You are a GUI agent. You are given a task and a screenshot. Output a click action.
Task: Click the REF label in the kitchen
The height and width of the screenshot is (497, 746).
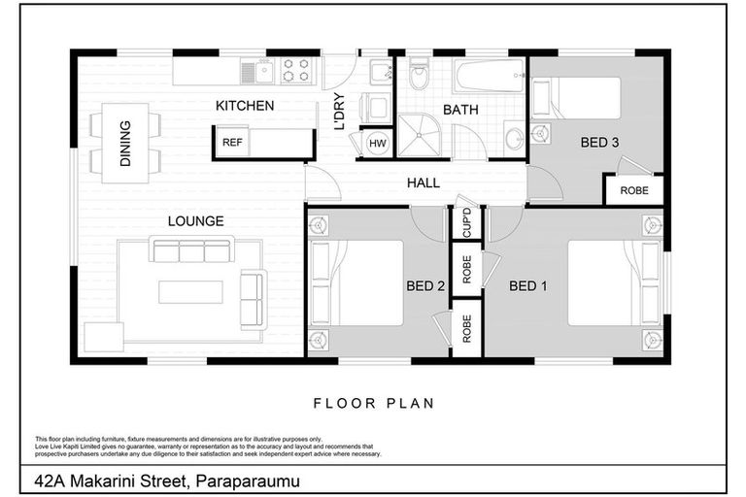pos(232,142)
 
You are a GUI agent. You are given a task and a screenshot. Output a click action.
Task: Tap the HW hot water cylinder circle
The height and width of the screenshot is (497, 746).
pos(378,143)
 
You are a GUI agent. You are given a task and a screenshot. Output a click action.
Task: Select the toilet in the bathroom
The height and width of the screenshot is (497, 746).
pos(420,74)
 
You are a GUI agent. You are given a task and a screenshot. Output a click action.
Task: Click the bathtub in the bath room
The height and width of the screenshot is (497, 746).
pos(490,75)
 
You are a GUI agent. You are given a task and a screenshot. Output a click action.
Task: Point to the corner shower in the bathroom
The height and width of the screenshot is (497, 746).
pos(419,135)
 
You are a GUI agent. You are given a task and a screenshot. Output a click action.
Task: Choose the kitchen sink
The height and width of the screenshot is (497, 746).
pos(256,72)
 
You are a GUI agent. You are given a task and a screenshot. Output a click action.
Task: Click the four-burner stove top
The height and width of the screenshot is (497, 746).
pos(296,71)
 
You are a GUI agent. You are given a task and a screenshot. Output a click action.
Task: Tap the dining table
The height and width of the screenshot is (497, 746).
pos(125,143)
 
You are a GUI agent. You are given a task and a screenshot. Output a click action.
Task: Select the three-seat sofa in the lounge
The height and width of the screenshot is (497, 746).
pos(191,248)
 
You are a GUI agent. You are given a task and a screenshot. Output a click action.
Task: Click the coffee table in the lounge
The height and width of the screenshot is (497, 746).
pos(190,292)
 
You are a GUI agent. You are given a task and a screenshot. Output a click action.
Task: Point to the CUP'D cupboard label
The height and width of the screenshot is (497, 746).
pos(466,222)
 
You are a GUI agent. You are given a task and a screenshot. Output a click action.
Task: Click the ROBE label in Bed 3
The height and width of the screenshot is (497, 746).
pos(634,190)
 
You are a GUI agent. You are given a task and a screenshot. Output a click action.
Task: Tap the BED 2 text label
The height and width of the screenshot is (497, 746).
pos(425,285)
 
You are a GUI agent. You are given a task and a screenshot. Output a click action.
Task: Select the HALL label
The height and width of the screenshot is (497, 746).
pos(424,182)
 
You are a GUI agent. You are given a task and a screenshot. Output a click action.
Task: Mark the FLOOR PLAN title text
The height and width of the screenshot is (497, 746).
pos(374,403)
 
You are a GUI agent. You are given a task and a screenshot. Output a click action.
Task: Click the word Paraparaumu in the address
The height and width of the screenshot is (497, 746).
pos(248,481)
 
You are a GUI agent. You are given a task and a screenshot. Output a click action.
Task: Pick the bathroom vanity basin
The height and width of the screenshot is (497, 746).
pos(514,139)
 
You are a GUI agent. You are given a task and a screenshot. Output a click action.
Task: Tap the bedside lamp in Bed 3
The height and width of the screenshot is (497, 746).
pos(540,133)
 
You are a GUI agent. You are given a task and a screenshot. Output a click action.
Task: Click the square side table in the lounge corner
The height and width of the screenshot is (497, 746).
pos(104,337)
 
